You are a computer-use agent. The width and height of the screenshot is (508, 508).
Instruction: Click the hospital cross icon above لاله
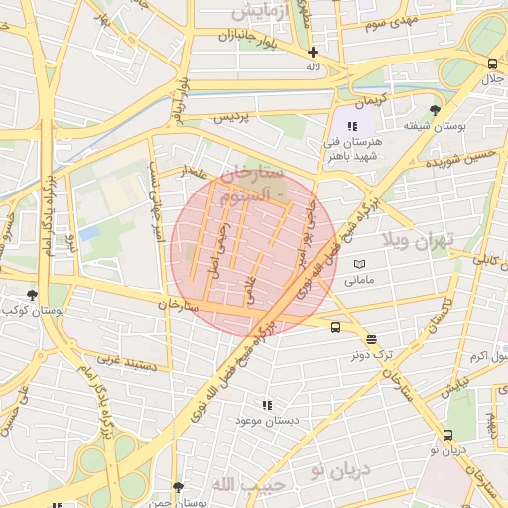coord(314,52)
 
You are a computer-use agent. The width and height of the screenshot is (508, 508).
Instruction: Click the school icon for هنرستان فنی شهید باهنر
coord(352,126)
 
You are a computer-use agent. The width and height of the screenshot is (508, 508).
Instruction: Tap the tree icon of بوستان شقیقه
coord(435,110)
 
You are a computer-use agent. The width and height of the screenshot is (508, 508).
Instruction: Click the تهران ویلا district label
coord(419,241)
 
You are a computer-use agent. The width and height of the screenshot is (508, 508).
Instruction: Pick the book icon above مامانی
coord(359,264)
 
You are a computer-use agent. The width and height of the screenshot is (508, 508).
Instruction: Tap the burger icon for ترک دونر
coord(371,339)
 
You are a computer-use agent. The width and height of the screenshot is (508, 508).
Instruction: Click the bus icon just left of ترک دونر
coord(335,327)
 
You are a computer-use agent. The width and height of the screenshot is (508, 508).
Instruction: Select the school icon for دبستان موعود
coord(266,405)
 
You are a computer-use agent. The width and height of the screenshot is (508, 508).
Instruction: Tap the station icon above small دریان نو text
coord(448,435)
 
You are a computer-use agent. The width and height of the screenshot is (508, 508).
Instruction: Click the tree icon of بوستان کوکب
coord(33,294)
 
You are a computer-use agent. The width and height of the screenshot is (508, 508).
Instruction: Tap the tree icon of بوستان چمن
coord(178,487)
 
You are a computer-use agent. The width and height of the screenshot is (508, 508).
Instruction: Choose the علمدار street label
coord(192,172)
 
